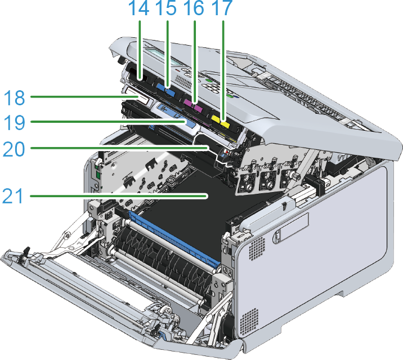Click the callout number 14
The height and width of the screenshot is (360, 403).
point(138,8)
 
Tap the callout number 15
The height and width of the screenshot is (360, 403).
point(166,8)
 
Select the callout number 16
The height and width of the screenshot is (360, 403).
point(194,8)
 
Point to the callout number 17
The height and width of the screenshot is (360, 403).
point(222,8)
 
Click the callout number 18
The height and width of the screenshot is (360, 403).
point(15,98)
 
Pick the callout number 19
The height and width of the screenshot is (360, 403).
point(15,122)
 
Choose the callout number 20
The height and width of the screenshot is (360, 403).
point(14,149)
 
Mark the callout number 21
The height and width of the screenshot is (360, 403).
point(13,196)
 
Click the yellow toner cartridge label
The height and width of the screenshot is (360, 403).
point(220,122)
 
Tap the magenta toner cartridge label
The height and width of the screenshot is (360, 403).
point(194,105)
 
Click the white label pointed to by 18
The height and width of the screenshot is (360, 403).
point(136,96)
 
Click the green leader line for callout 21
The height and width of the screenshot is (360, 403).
point(119,196)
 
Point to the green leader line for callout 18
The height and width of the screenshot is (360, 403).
point(84,97)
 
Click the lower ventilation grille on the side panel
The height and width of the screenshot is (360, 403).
point(249,322)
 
